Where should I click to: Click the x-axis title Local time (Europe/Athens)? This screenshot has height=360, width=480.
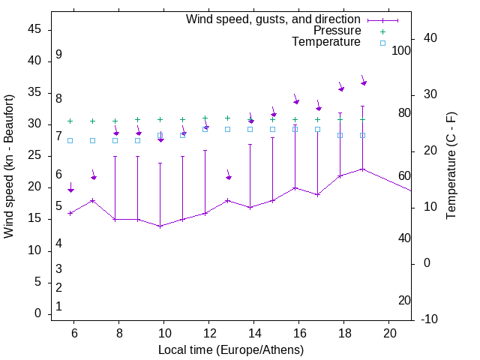[231, 350]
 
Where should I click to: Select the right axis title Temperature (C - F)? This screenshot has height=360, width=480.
[451, 166]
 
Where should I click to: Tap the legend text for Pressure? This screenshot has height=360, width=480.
[337, 31]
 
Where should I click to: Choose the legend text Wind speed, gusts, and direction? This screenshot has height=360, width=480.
[274, 19]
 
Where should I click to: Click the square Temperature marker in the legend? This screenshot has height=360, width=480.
[382, 43]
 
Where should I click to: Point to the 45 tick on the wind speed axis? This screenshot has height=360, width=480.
[34, 30]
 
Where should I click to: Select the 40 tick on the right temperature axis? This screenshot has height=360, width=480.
[430, 38]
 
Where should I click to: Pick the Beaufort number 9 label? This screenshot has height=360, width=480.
[58, 55]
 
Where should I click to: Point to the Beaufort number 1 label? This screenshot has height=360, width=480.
[58, 306]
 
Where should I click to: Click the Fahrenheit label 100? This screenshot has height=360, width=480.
[402, 50]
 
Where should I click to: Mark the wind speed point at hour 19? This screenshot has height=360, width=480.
[363, 169]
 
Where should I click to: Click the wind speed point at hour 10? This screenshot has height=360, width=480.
[160, 226]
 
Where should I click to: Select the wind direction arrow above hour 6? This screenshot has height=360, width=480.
[70, 188]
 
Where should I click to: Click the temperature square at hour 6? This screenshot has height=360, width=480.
[70, 140]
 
